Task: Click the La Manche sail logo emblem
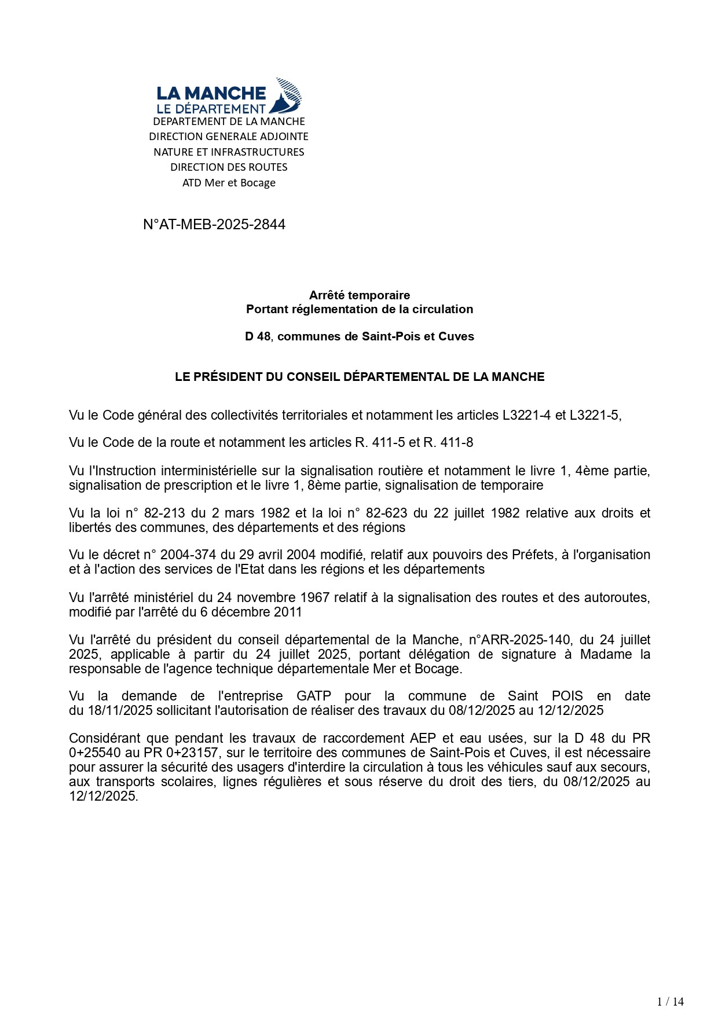[288, 95]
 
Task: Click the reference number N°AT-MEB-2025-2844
[214, 225]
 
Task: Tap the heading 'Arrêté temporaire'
[359, 295]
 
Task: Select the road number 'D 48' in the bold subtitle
[258, 336]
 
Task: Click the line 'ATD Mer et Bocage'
[229, 183]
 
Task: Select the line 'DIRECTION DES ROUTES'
[229, 167]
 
